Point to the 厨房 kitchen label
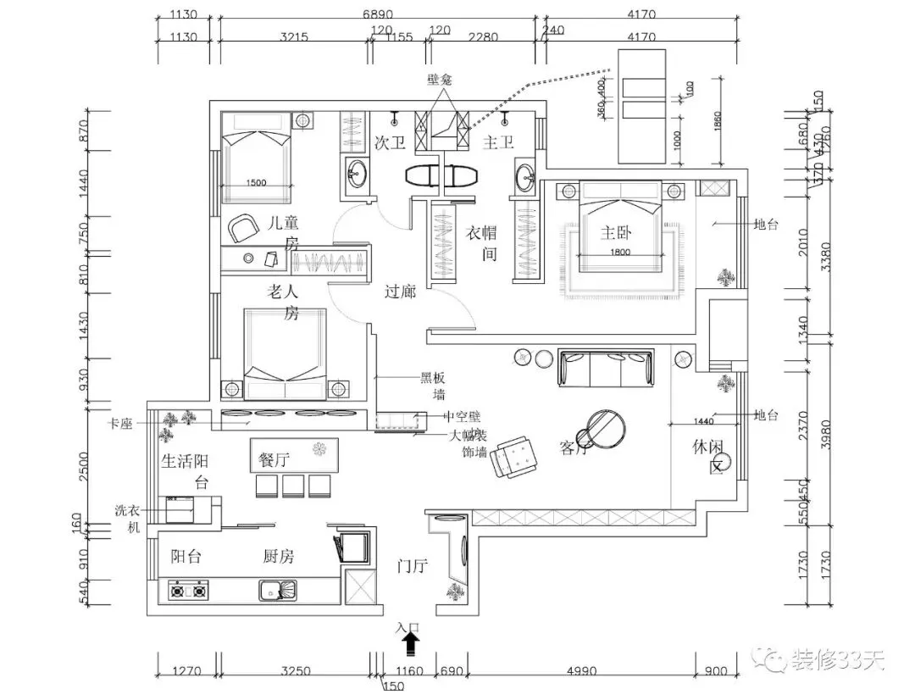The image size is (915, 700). pyautogui.click(x=278, y=557)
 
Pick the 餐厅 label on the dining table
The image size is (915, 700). pyautogui.click(x=271, y=460)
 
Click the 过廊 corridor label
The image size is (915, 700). pyautogui.click(x=400, y=292)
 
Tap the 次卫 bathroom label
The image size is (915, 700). pyautogui.click(x=389, y=143)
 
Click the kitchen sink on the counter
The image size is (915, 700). pyautogui.click(x=276, y=589)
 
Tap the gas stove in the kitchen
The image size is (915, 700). pyautogui.click(x=189, y=589)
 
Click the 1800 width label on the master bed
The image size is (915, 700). pyautogui.click(x=621, y=252)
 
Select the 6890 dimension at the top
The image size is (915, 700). pyautogui.click(x=378, y=14)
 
